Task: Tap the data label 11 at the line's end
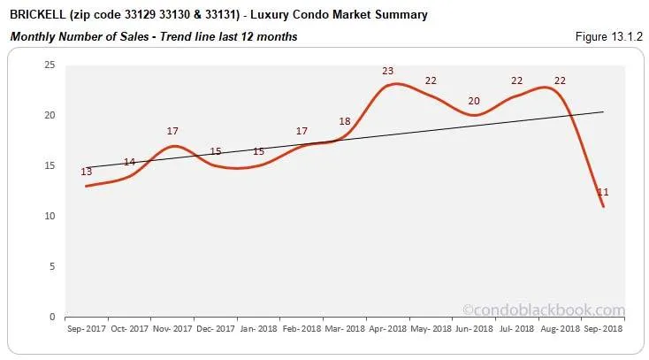click(x=603, y=192)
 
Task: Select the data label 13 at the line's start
click(x=86, y=172)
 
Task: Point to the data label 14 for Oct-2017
click(x=129, y=162)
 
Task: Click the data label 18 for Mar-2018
click(x=345, y=121)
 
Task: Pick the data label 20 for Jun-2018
click(x=474, y=101)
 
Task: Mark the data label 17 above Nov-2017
click(x=172, y=131)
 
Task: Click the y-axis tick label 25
click(x=50, y=65)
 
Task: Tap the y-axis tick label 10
click(x=50, y=216)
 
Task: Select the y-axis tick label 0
click(x=52, y=317)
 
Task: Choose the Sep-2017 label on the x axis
click(x=86, y=328)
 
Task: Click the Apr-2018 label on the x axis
click(x=387, y=328)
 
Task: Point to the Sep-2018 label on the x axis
click(x=603, y=328)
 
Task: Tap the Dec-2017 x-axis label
click(x=215, y=328)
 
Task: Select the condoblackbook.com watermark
click(x=543, y=310)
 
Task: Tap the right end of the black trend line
click(x=603, y=112)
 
